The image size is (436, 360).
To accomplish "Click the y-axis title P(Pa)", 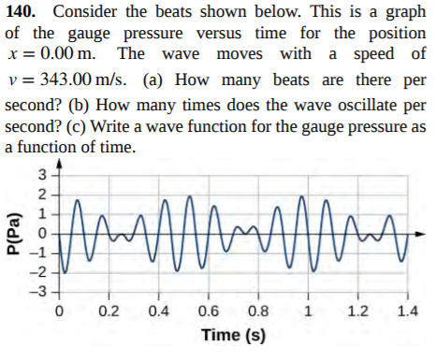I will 14,232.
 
